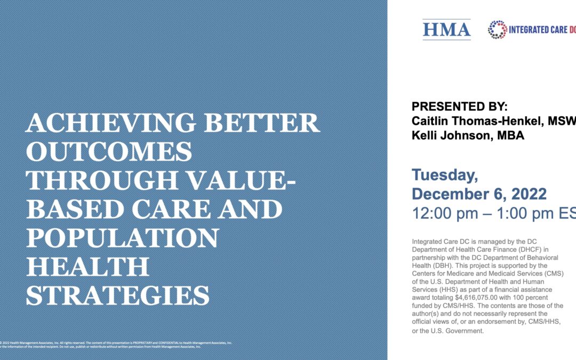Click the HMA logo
[446, 30]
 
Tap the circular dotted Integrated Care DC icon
[498, 30]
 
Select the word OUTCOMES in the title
[109, 153]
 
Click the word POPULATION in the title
[122, 238]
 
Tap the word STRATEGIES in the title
[118, 296]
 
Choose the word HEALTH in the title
[87, 267]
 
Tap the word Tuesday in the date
[445, 175]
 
